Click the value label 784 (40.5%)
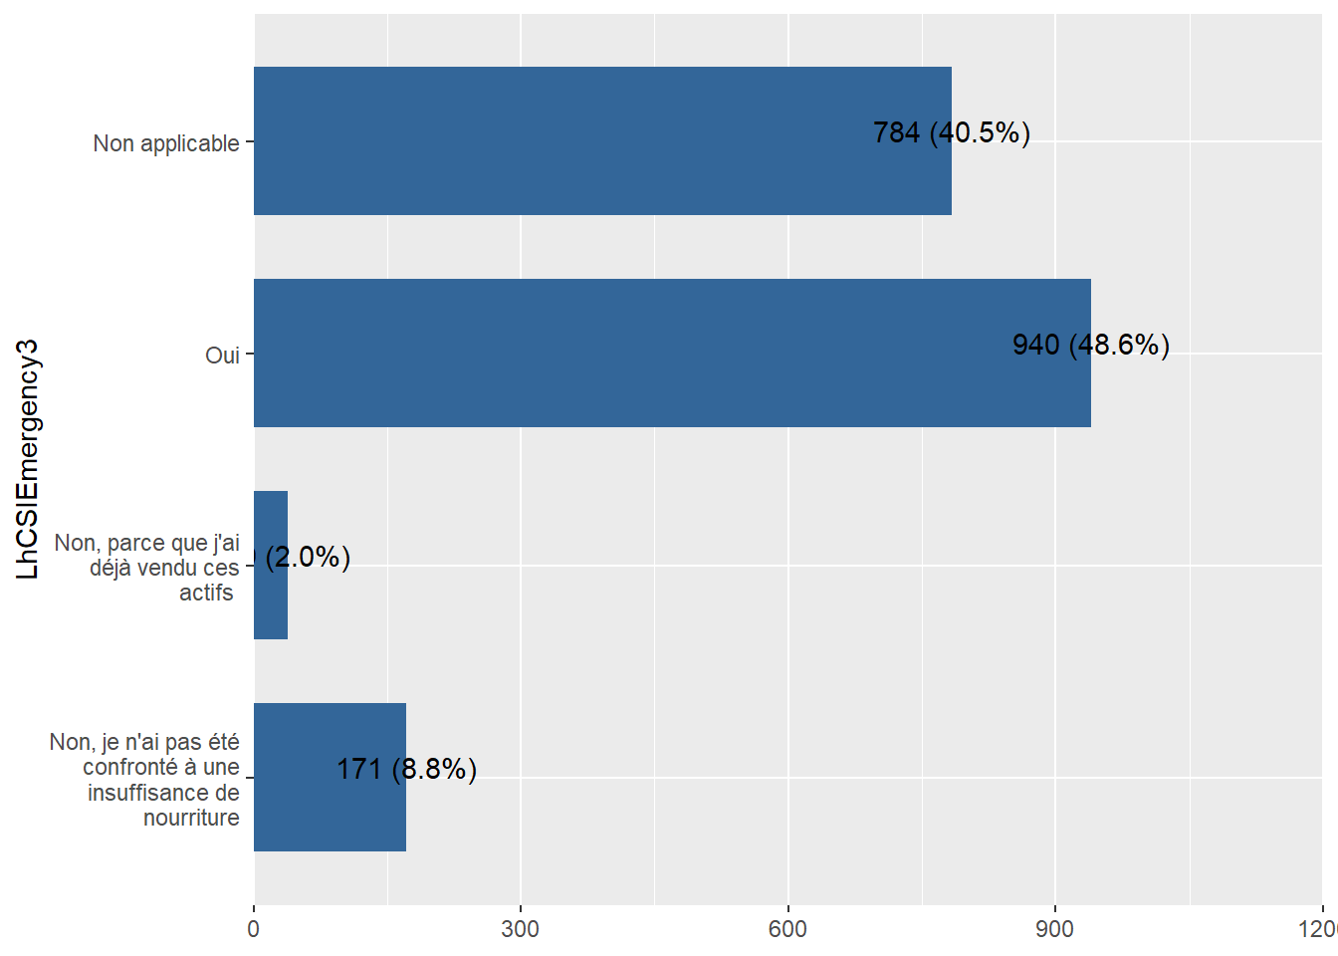point(951,132)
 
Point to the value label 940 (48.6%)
point(1090,345)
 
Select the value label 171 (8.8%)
point(406,769)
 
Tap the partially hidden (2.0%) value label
point(307,557)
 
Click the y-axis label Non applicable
point(166,143)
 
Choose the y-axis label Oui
point(222,356)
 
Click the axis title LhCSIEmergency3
point(28,459)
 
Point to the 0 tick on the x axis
point(254,929)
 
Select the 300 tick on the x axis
point(521,929)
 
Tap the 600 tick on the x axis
point(787,929)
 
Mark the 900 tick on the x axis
point(1054,929)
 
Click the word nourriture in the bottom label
point(191,818)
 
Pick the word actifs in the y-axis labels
point(206,593)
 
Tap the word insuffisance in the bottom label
point(163,793)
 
